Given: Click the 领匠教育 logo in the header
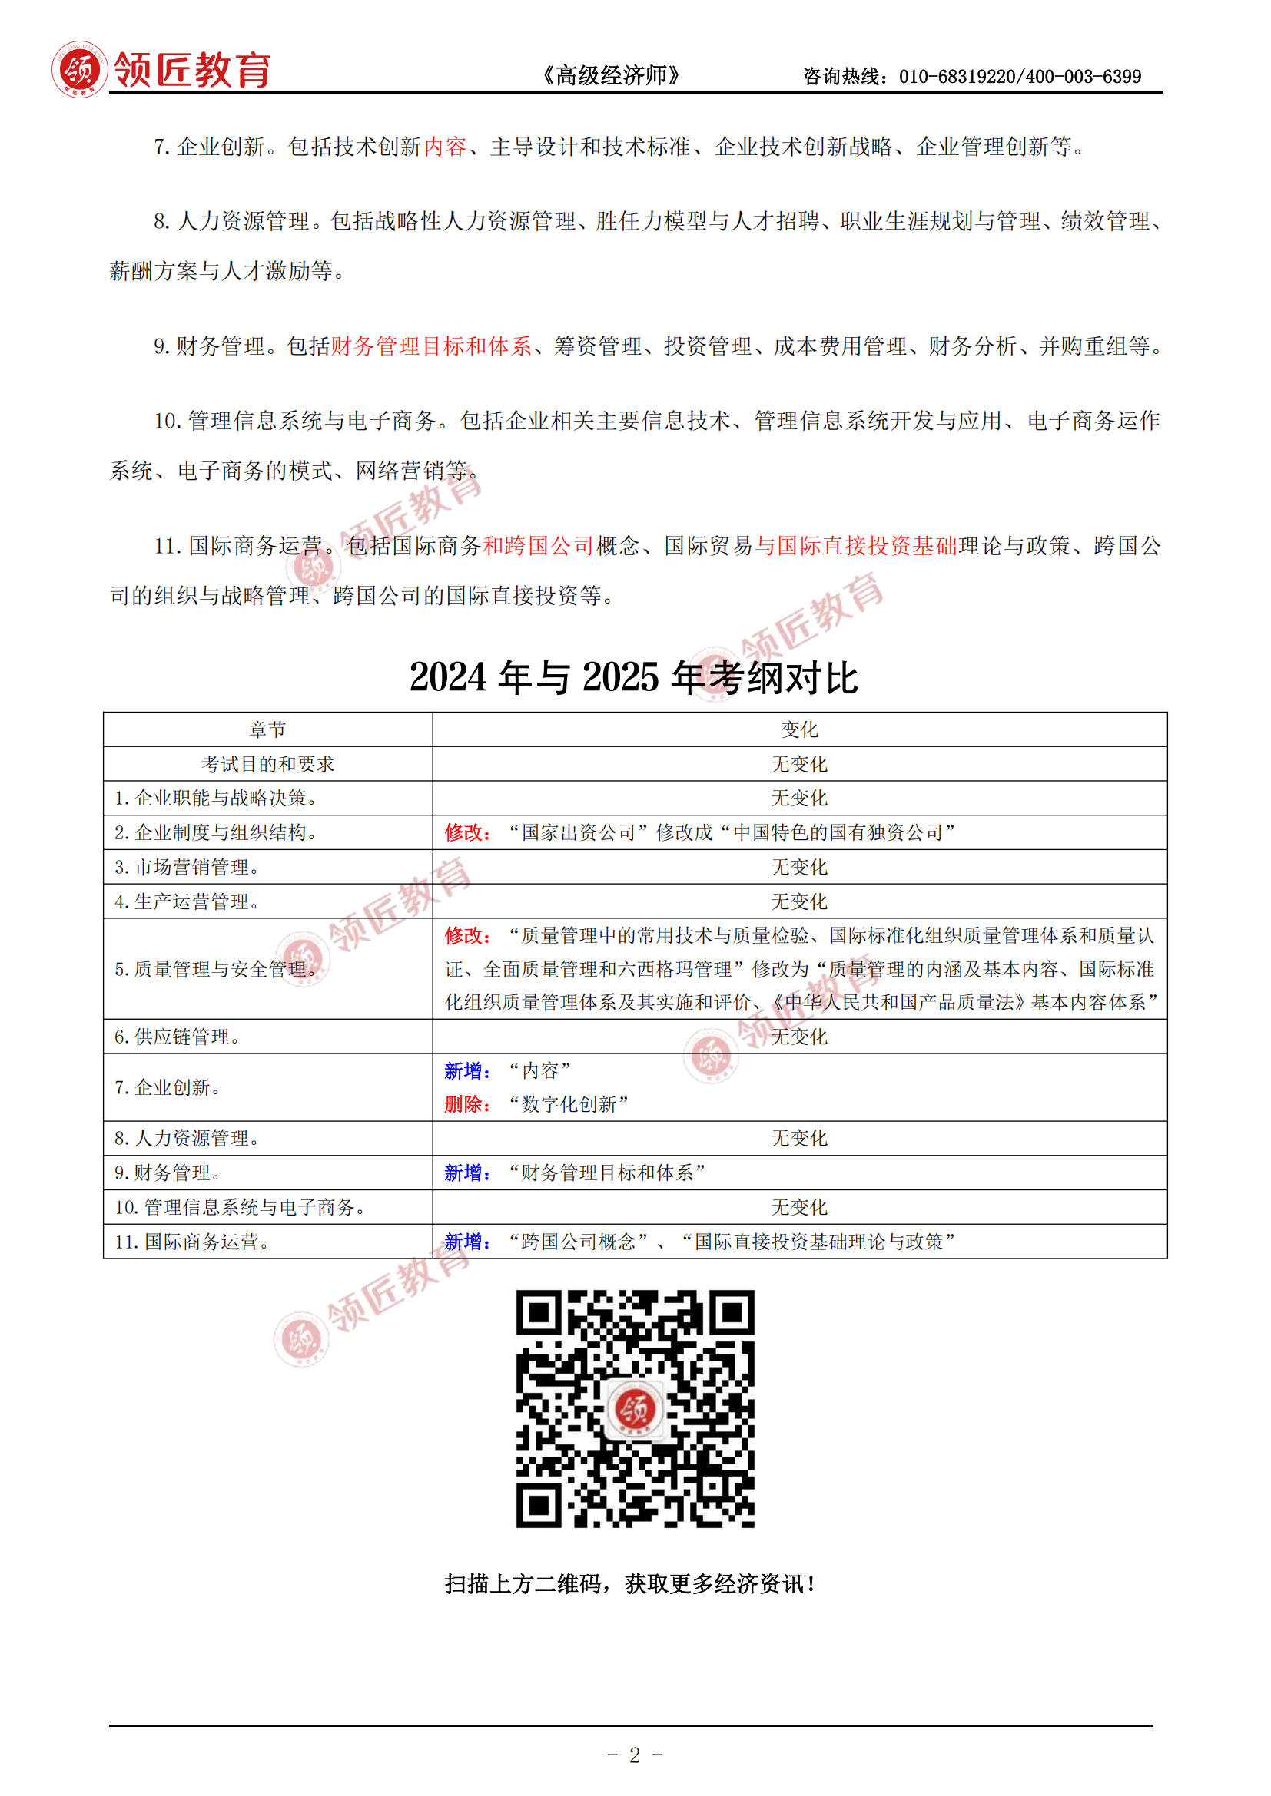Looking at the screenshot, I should [x=161, y=70].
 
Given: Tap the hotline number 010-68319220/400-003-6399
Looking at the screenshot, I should [x=1019, y=77].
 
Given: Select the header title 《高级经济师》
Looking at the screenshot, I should [x=611, y=76].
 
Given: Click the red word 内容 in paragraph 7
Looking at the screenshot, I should [x=446, y=147].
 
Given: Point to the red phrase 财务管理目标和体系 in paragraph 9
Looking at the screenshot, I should [x=431, y=346].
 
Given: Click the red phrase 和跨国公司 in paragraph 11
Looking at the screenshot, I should [x=539, y=545].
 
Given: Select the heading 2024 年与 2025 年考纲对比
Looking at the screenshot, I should [x=634, y=677].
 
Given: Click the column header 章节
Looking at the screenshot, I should [x=267, y=729].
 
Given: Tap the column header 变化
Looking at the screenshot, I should [x=799, y=729].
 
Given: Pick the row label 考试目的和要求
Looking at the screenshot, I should [x=267, y=764].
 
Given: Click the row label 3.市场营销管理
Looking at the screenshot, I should [x=187, y=867].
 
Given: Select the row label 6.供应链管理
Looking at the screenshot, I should [x=178, y=1037].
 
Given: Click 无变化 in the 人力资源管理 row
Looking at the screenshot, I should [x=799, y=1138].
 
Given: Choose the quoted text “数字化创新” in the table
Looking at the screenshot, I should [x=569, y=1104].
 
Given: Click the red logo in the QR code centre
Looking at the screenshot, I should [x=634, y=1409].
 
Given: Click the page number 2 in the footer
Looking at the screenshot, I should [x=635, y=1755].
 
